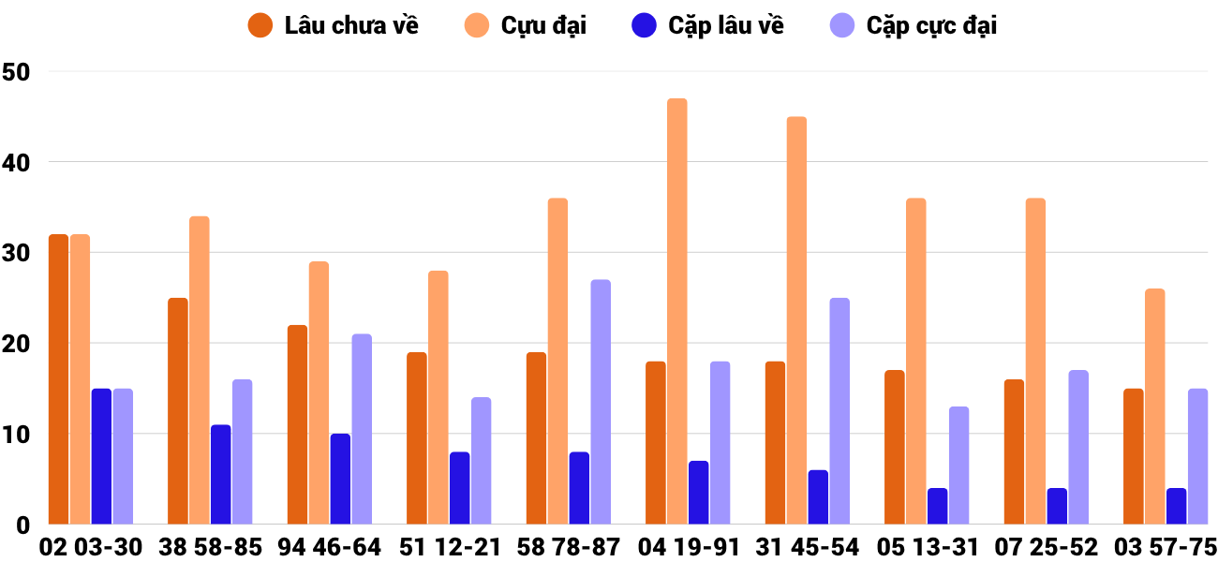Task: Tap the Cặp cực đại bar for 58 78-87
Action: pos(601,402)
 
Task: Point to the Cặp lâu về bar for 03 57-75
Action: pos(1177,506)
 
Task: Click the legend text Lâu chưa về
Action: pos(351,25)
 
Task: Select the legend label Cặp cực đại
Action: pos(931,25)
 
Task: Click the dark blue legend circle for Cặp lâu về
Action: pos(644,25)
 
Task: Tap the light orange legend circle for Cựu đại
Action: pos(477,25)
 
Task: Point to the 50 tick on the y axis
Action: pos(17,71)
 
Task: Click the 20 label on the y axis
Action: pos(17,344)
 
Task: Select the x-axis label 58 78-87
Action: pos(568,547)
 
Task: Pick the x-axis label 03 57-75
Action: pos(1165,547)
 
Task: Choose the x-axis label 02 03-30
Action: pos(91,547)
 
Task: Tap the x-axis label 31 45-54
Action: pos(807,547)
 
